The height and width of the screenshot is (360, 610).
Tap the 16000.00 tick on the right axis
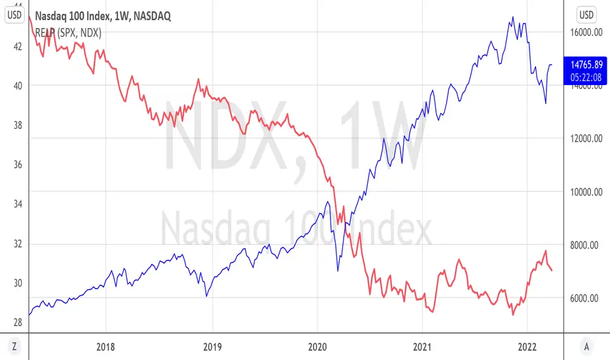(584, 32)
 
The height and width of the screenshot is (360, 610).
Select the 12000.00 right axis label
(584, 139)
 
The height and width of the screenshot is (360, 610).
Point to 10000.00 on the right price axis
(584, 192)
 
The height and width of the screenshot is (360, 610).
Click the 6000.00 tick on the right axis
(584, 298)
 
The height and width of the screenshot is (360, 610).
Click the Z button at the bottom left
(14, 346)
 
